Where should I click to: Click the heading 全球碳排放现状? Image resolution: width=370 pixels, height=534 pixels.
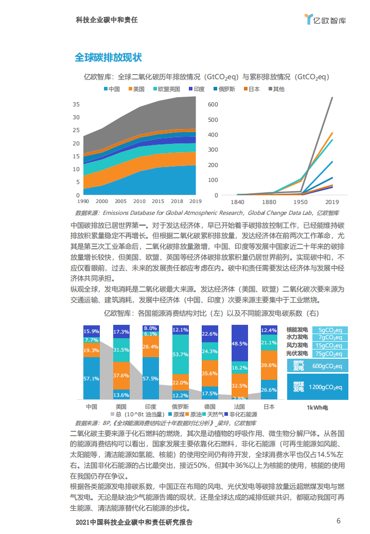(108, 57)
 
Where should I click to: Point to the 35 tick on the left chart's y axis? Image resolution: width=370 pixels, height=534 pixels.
(76, 104)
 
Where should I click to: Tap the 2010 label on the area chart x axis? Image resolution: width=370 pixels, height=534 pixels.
(139, 201)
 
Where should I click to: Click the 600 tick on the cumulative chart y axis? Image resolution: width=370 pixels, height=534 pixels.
(213, 104)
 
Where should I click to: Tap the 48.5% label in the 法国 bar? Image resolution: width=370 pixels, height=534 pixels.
(239, 343)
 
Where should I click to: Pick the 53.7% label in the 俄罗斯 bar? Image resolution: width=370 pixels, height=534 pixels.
(180, 355)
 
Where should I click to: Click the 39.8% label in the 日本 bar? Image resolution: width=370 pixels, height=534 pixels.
(269, 365)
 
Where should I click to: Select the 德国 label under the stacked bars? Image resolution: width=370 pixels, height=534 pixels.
(209, 407)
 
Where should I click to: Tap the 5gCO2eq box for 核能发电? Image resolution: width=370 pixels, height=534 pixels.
(329, 330)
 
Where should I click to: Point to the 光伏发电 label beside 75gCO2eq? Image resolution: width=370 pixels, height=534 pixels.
(297, 353)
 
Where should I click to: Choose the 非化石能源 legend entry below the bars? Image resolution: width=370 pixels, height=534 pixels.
(242, 414)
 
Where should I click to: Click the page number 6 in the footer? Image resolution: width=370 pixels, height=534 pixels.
(338, 521)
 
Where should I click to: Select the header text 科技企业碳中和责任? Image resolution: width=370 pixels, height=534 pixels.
(107, 20)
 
